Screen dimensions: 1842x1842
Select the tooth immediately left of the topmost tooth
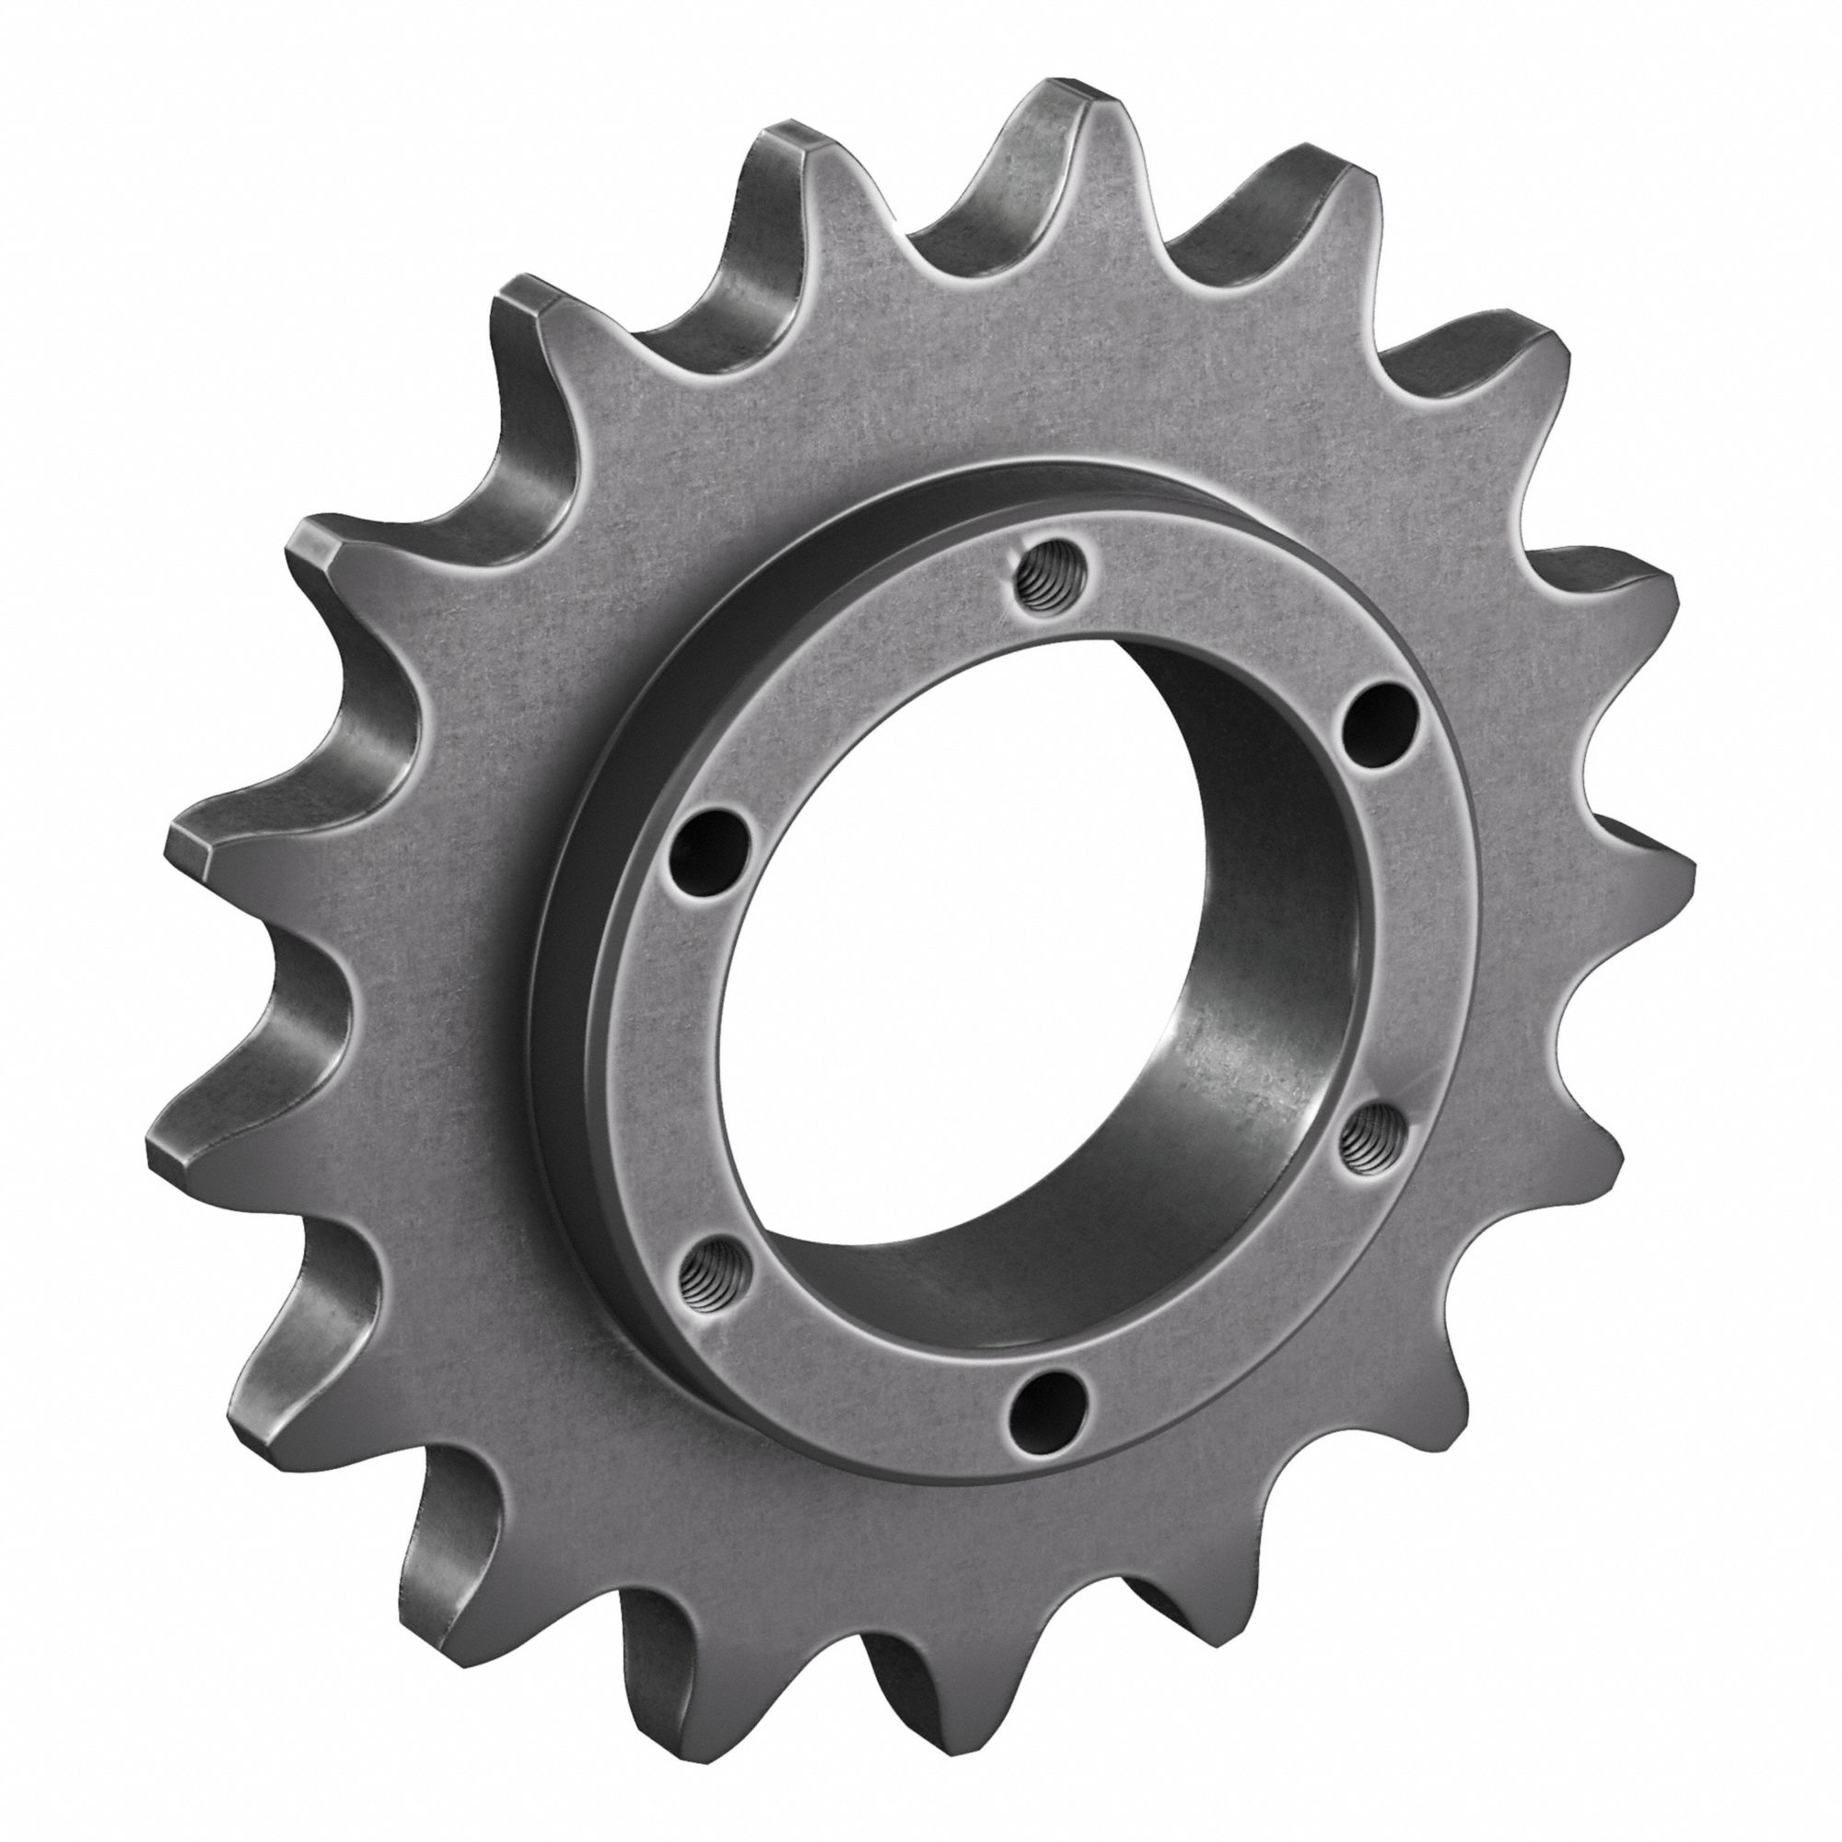791,153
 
